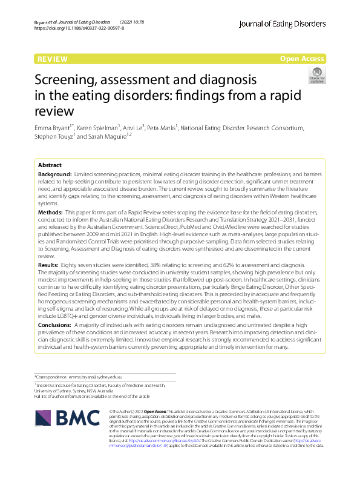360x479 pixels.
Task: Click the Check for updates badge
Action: click(316, 76)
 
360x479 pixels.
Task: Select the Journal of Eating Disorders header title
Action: click(283, 24)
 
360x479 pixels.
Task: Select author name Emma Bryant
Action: click(52, 128)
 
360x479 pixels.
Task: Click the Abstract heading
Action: click(50, 165)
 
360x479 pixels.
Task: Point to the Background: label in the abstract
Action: click(55, 174)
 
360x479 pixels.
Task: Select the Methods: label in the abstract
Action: click(51, 213)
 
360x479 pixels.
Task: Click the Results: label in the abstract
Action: click(49, 266)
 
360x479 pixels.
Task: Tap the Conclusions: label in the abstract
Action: click(57, 325)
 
